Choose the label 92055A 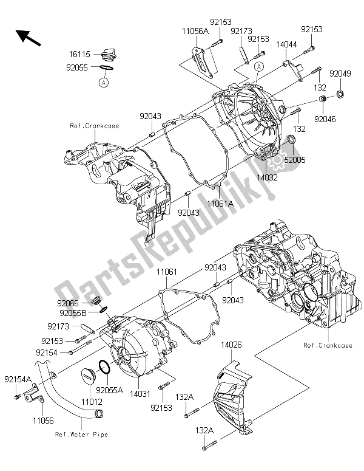[x=109, y=388]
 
